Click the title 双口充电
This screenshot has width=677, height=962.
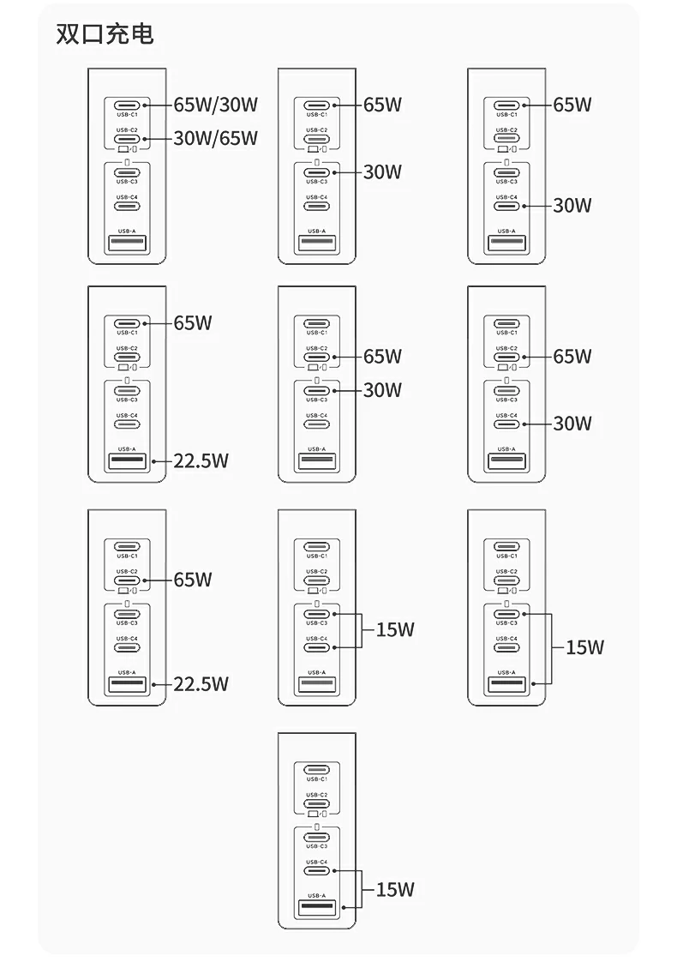(105, 34)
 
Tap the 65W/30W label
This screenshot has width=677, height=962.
(215, 105)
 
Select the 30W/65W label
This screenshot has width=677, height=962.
(215, 138)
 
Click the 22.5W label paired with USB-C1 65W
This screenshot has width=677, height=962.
(201, 460)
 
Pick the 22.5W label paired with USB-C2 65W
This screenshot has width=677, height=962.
(201, 683)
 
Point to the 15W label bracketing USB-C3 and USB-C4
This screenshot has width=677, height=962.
(395, 630)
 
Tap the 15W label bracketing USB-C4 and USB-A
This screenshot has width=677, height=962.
(395, 889)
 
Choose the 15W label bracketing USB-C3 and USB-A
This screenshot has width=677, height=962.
(585, 647)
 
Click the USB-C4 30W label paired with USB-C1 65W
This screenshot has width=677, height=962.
(572, 205)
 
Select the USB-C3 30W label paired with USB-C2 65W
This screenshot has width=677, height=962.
(382, 390)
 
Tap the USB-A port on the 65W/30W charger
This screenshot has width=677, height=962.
(127, 244)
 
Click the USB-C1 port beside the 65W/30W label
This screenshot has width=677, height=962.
(127, 105)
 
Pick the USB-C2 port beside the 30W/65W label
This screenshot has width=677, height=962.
(127, 138)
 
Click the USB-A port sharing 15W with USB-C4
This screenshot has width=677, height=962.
(316, 907)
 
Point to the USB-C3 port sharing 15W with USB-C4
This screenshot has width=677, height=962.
(316, 614)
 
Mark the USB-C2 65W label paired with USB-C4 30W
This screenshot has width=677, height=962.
(572, 356)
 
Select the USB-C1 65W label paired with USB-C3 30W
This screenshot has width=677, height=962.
(382, 105)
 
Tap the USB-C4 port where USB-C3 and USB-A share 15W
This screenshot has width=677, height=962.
(506, 647)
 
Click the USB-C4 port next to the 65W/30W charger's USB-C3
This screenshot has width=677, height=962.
(127, 206)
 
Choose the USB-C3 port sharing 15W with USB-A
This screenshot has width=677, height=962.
(506, 614)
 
